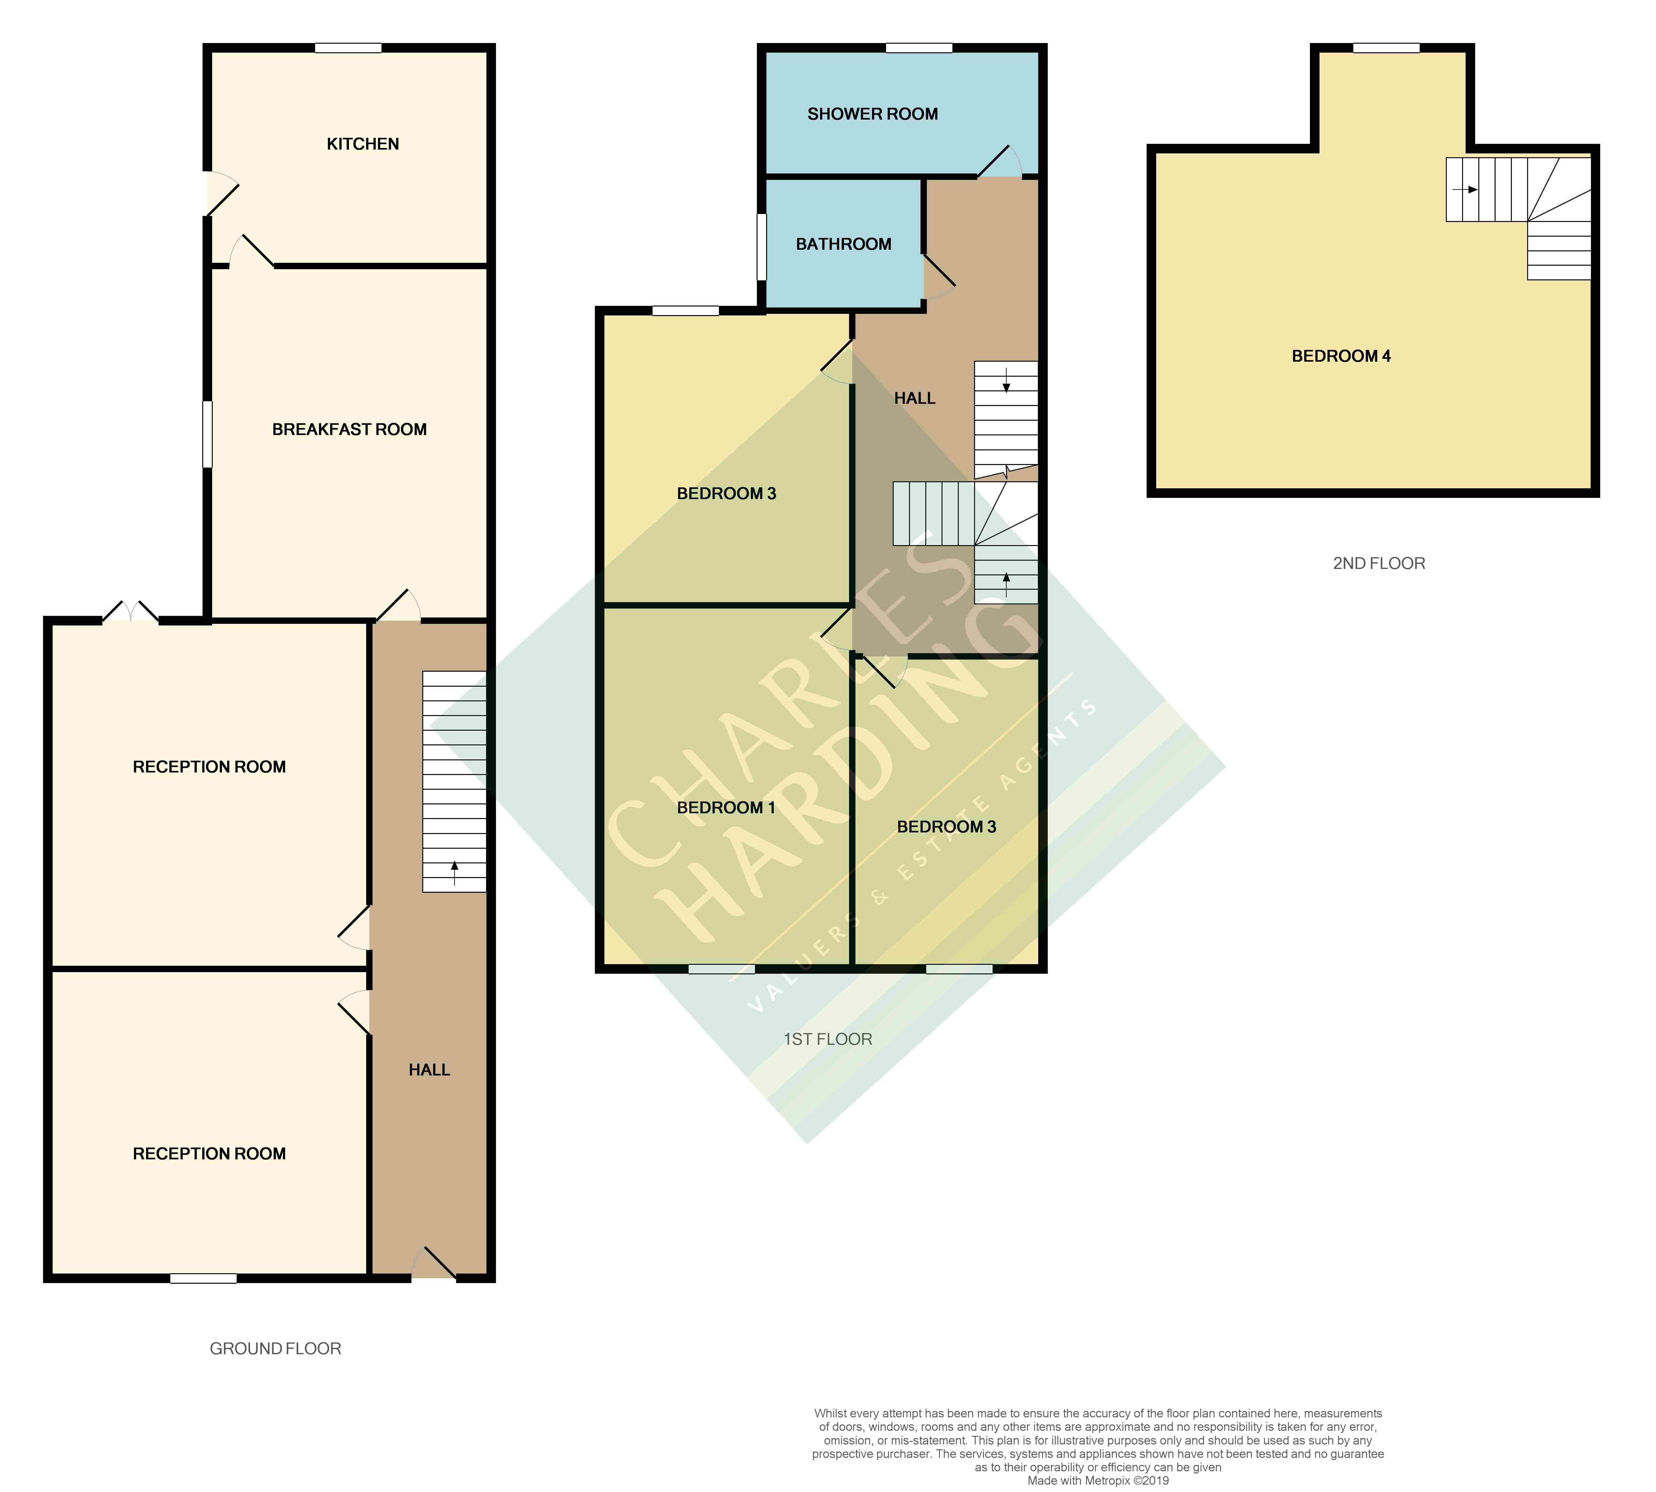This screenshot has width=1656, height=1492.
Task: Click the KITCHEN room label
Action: click(x=362, y=144)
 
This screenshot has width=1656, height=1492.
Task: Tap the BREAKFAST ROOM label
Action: click(x=349, y=430)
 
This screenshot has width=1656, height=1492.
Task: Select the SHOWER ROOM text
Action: click(x=872, y=114)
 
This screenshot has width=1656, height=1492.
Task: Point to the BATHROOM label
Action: click(x=844, y=244)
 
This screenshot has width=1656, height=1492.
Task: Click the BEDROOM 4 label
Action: click(x=1341, y=356)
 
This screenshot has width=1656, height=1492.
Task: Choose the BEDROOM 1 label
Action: click(x=726, y=808)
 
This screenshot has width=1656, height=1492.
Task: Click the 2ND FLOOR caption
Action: click(x=1379, y=563)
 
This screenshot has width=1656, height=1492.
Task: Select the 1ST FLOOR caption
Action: click(x=828, y=1039)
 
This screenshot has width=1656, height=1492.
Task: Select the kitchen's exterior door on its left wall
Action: click(x=221, y=194)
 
